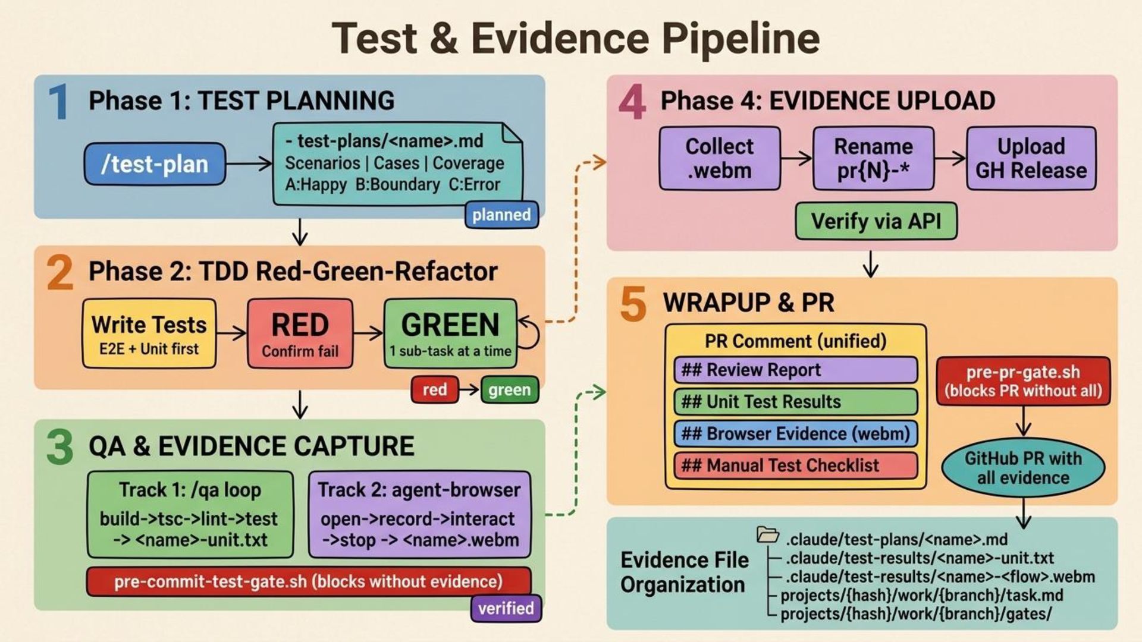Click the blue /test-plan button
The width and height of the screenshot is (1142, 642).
[155, 163]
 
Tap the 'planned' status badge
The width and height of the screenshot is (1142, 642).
[501, 215]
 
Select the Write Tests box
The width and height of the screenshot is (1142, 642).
[149, 333]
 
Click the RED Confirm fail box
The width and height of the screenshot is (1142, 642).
[300, 333]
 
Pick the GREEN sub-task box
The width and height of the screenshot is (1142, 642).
[450, 333]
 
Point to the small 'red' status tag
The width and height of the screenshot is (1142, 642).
[435, 390]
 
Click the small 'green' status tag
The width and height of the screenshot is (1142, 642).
[510, 390]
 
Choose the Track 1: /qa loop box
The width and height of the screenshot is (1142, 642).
[190, 514]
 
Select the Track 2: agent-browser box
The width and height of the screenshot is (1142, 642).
[419, 514]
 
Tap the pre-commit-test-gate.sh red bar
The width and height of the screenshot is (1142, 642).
[309, 581]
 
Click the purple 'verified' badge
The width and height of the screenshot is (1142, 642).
[506, 608]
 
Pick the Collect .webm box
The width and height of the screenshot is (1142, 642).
[720, 158]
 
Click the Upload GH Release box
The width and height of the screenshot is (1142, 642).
[1031, 158]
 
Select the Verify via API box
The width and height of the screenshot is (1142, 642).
[876, 221]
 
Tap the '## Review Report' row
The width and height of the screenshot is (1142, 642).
[795, 370]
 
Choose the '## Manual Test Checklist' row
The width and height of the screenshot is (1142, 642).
[795, 465]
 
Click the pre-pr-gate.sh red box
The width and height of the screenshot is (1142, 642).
[1023, 381]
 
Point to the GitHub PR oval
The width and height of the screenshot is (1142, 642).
[1023, 468]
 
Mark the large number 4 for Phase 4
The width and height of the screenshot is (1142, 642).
[632, 102]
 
